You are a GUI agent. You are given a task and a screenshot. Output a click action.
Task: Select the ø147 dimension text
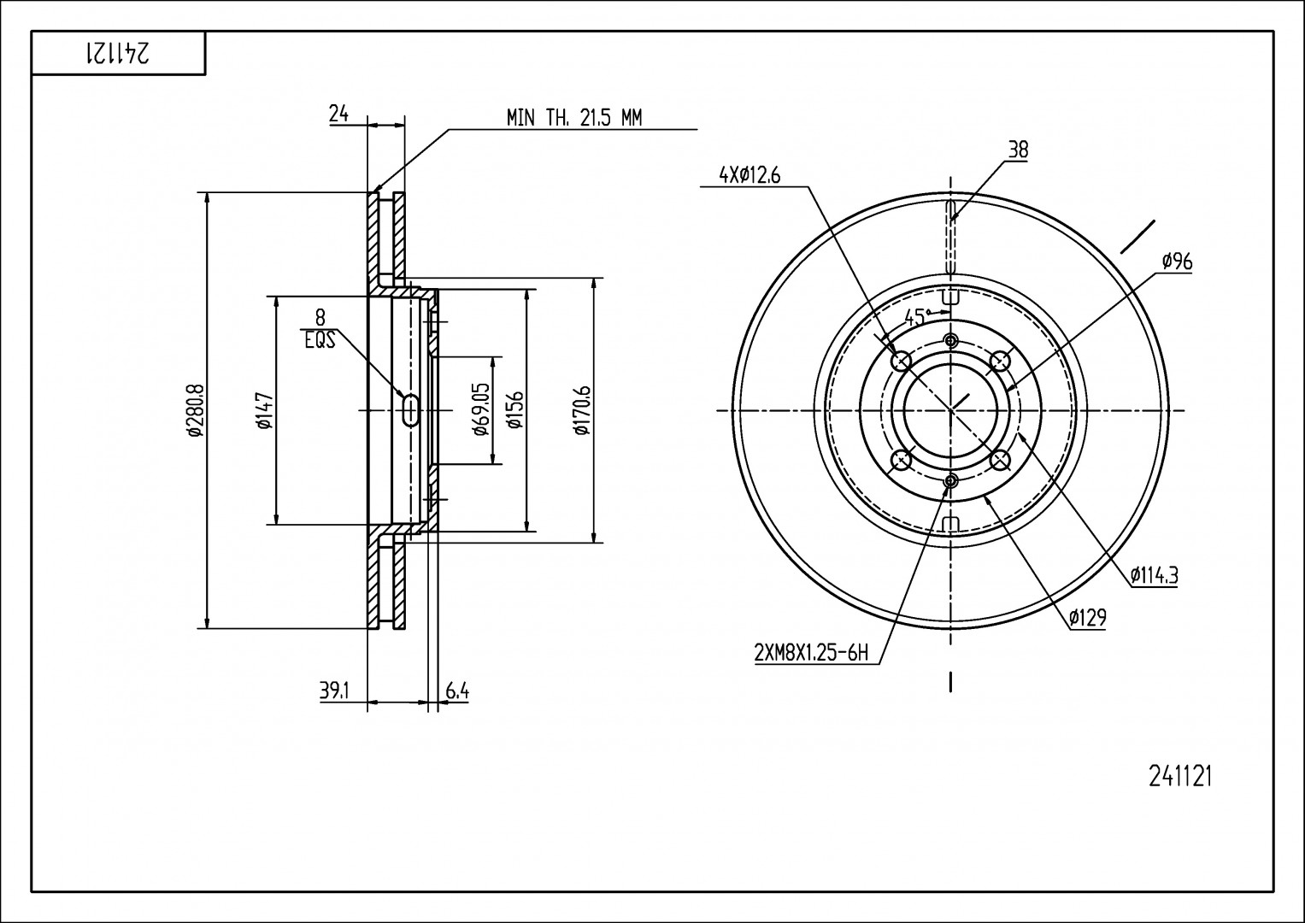pyautogui.click(x=264, y=410)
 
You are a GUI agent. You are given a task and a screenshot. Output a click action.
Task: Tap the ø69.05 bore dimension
pyautogui.click(x=481, y=409)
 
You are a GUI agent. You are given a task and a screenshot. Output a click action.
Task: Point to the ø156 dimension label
pyautogui.click(x=515, y=409)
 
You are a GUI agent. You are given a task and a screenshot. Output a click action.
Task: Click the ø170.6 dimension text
pyautogui.click(x=583, y=410)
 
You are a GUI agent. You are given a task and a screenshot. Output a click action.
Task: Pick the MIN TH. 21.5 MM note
pyautogui.click(x=573, y=118)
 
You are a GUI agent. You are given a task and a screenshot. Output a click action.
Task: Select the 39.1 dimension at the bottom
pyautogui.click(x=334, y=691)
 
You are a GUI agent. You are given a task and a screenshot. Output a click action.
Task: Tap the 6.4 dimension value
pyautogui.click(x=457, y=691)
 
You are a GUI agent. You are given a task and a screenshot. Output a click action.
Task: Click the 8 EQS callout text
pyautogui.click(x=320, y=329)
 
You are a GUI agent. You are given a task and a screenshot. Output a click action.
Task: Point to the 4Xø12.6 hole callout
pyautogui.click(x=749, y=175)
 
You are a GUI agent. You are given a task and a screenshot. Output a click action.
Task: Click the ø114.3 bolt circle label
pyautogui.click(x=1154, y=576)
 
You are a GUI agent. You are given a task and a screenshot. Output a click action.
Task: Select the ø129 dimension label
pyautogui.click(x=1087, y=617)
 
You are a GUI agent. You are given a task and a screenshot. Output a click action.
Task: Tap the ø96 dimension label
pyautogui.click(x=1177, y=262)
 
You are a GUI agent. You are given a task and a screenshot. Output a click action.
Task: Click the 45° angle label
pyautogui.click(x=916, y=317)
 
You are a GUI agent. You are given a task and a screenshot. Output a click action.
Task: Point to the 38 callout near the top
pyautogui.click(x=1019, y=150)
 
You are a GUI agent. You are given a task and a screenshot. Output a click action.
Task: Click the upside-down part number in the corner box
pyautogui.click(x=118, y=53)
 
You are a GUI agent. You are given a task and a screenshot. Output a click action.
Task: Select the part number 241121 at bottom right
pyautogui.click(x=1180, y=777)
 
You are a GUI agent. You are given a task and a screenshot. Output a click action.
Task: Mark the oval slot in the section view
pyautogui.click(x=411, y=410)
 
